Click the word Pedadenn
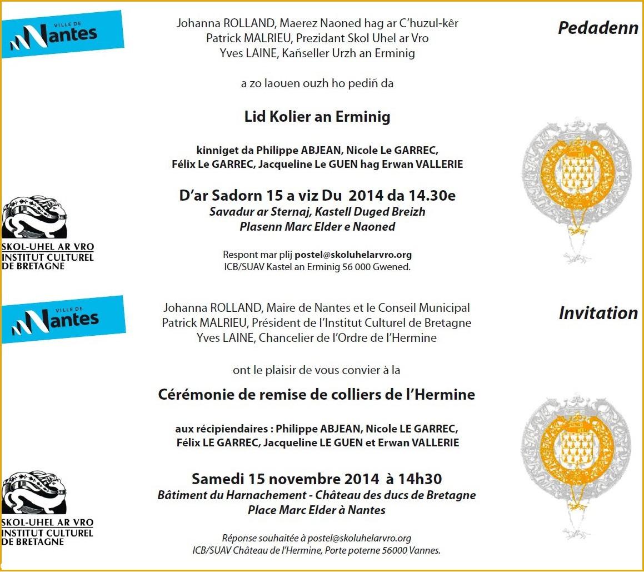598,28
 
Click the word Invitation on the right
598,313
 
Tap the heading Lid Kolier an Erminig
317,117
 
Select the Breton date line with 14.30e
317,196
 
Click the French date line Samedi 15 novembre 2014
317,479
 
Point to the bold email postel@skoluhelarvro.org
353,255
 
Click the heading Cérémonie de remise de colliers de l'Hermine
317,395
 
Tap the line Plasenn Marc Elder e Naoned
317,227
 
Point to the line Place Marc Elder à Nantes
317,510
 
